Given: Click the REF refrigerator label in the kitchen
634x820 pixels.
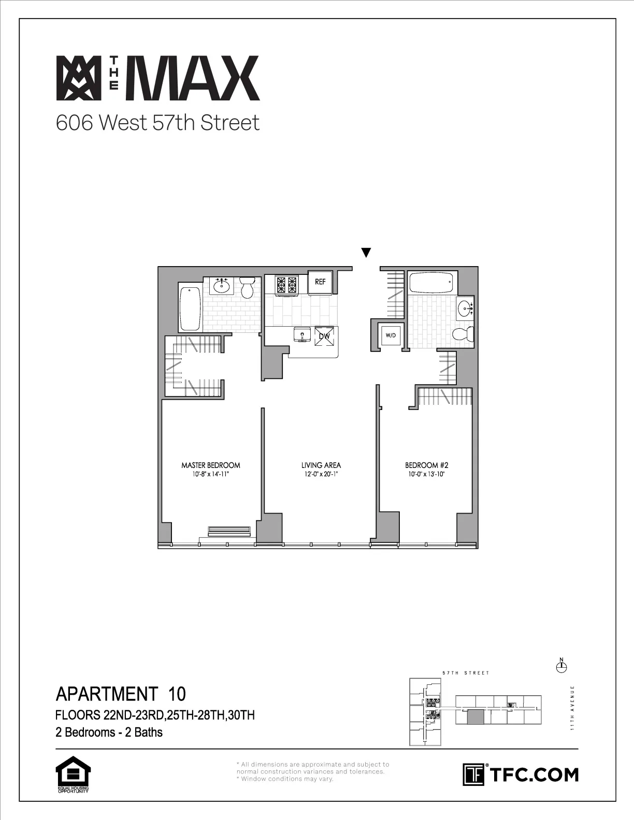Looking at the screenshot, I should (320, 282).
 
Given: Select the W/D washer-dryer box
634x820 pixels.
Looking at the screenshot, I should (390, 335).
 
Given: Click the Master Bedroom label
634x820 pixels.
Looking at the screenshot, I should (210, 465).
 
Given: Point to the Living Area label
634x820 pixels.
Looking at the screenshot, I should (321, 465).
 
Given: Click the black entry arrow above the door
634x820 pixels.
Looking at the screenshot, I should (366, 253).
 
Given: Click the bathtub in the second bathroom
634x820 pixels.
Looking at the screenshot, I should (431, 283).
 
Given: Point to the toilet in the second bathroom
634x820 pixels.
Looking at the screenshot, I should (463, 334).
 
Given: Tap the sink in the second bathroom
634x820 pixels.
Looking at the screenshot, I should (465, 309).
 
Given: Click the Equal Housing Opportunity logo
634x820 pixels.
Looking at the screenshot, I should (73, 775).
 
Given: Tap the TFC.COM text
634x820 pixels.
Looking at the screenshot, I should (534, 775).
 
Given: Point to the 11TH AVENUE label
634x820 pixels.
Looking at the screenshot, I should (573, 708).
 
